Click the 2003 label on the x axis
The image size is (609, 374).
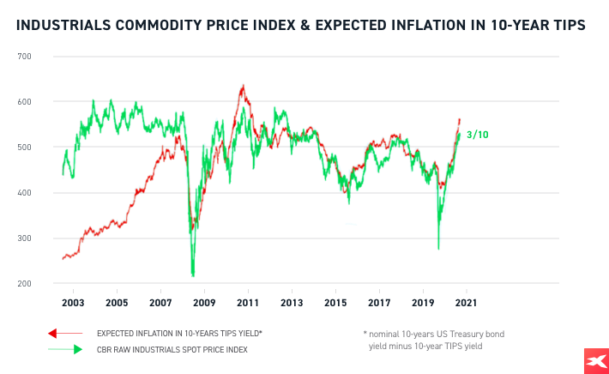(72, 303)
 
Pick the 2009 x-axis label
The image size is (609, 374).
(203, 303)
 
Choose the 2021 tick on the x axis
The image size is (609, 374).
(466, 303)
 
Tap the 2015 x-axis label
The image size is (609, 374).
(335, 303)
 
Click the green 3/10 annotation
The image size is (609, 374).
(477, 135)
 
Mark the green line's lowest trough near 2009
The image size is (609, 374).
(193, 274)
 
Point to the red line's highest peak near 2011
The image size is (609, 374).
(243, 86)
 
